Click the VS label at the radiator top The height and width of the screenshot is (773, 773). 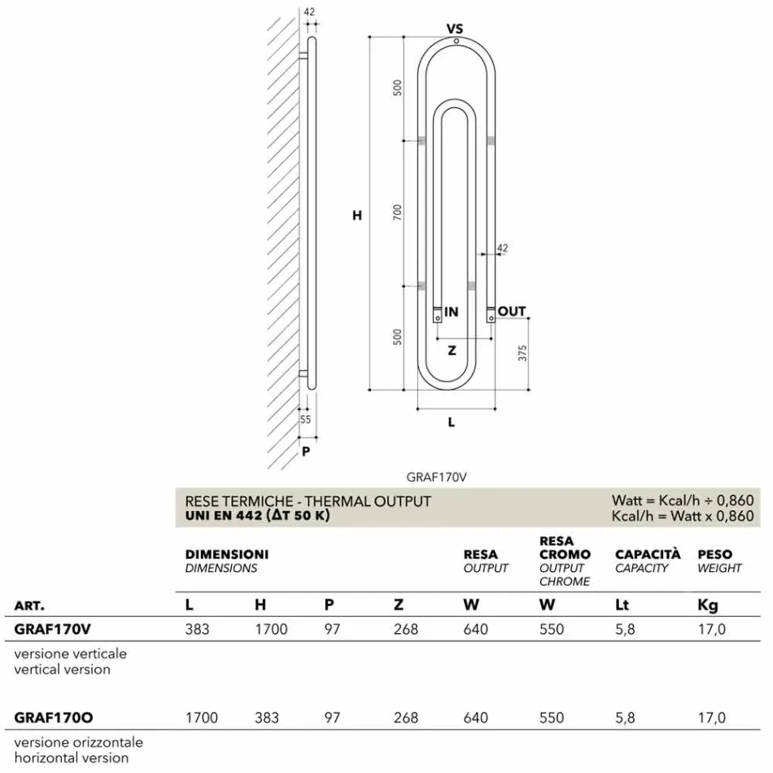(x=455, y=29)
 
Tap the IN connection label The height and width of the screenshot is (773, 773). (x=452, y=312)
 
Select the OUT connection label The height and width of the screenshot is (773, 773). (x=512, y=312)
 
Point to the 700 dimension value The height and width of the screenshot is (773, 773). (x=397, y=212)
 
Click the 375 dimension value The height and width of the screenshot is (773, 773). (x=523, y=353)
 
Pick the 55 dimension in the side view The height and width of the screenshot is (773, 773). (x=306, y=420)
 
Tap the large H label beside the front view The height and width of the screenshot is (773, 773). (x=356, y=216)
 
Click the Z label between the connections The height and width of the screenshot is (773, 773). (x=452, y=352)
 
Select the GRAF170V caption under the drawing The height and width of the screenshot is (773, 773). (x=440, y=478)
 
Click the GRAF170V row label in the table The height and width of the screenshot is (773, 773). (x=53, y=629)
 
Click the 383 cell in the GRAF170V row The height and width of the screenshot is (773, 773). (x=198, y=629)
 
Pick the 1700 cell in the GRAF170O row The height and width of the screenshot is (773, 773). (x=202, y=717)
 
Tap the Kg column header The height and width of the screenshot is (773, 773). (x=708, y=605)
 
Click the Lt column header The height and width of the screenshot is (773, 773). (x=622, y=605)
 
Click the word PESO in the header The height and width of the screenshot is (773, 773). (x=714, y=554)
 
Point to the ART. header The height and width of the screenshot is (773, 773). (x=29, y=606)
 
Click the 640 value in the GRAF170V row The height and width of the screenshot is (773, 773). (x=476, y=629)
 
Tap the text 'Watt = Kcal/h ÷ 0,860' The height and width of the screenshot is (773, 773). (x=682, y=501)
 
